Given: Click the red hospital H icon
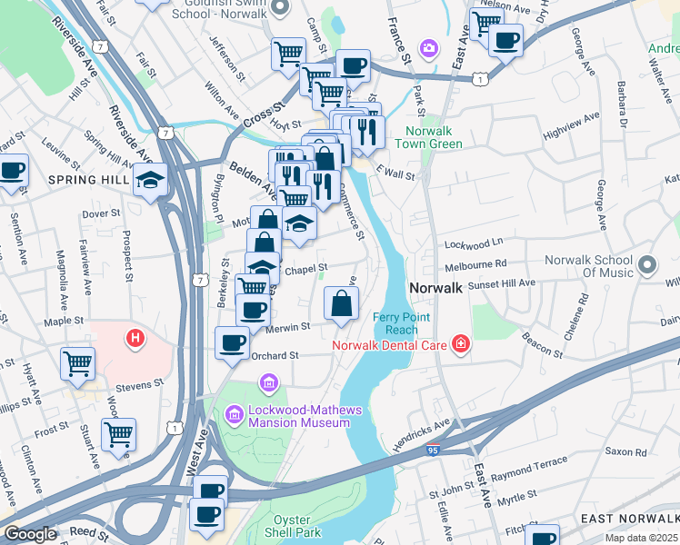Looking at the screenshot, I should click(x=135, y=340).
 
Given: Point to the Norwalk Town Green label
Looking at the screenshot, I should click(x=434, y=137).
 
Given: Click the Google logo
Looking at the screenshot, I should click(x=30, y=534).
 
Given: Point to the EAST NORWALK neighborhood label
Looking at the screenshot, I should click(x=627, y=518).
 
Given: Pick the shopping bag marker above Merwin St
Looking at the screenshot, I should click(x=341, y=303).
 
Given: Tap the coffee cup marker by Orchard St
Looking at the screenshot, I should click(x=232, y=343).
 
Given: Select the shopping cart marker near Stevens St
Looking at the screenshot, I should click(x=77, y=363).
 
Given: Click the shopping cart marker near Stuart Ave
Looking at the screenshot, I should click(x=118, y=434).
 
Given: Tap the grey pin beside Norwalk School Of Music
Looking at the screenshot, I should click(x=646, y=265).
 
